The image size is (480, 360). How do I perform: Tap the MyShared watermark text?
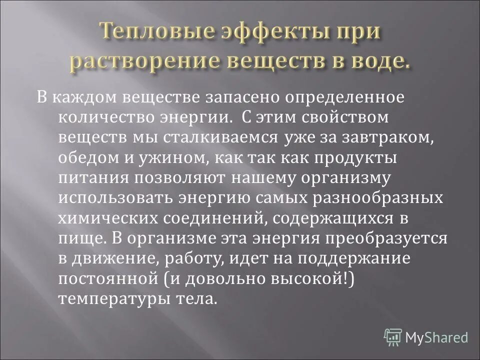click(x=437, y=337)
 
